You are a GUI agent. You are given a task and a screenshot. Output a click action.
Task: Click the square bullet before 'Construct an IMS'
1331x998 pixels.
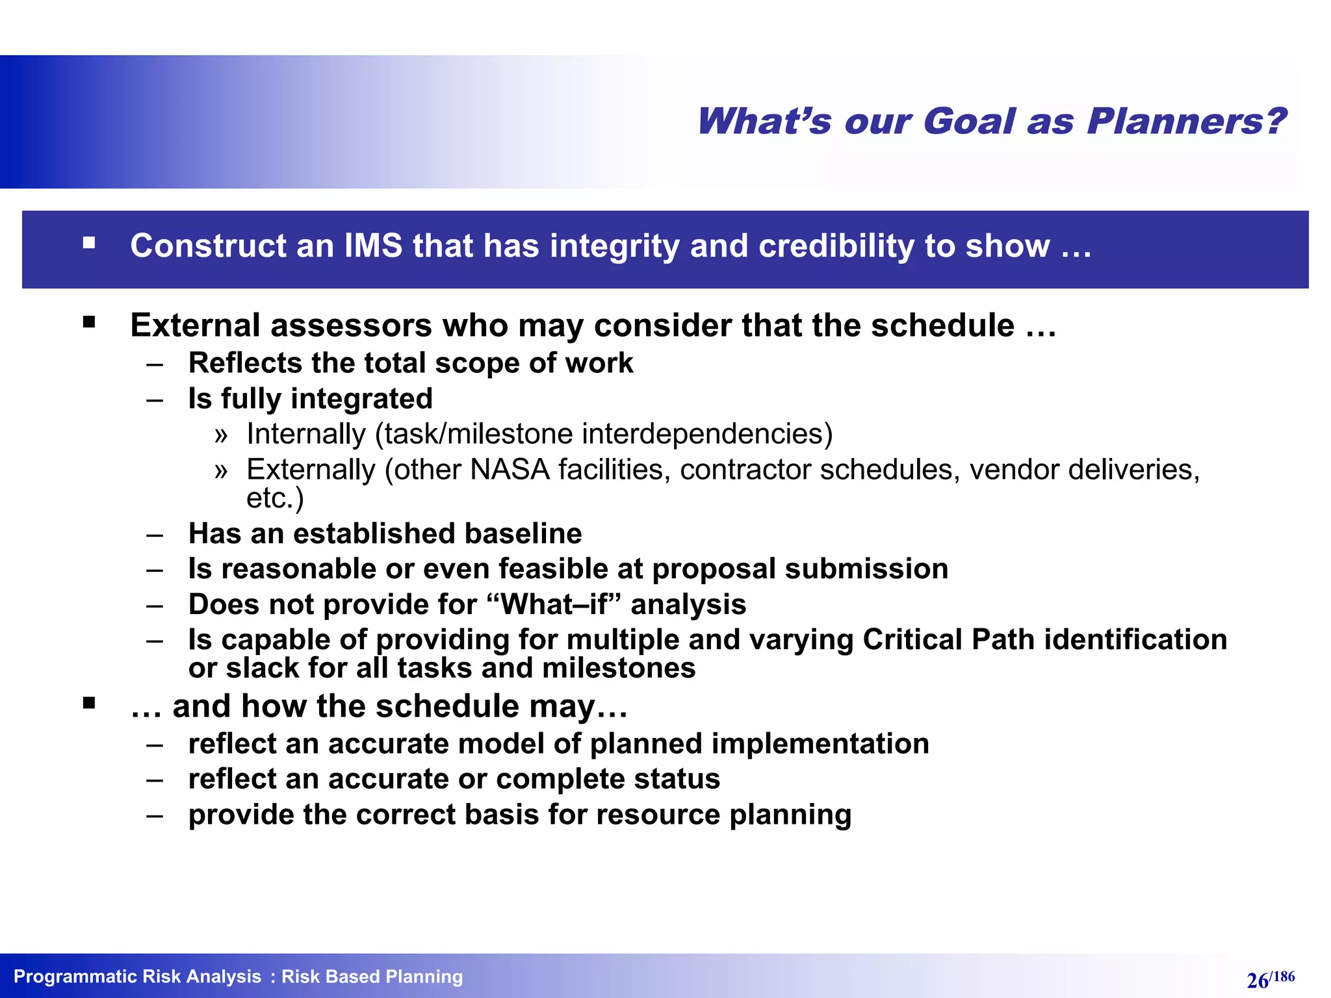point(89,244)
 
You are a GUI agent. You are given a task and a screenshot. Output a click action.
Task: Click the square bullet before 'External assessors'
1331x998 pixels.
point(89,322)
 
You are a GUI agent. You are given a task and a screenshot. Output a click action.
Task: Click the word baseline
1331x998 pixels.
point(523,533)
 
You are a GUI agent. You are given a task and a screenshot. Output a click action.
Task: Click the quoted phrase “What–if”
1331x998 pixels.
point(553,605)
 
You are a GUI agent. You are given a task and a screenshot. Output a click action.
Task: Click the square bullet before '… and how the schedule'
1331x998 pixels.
point(89,703)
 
